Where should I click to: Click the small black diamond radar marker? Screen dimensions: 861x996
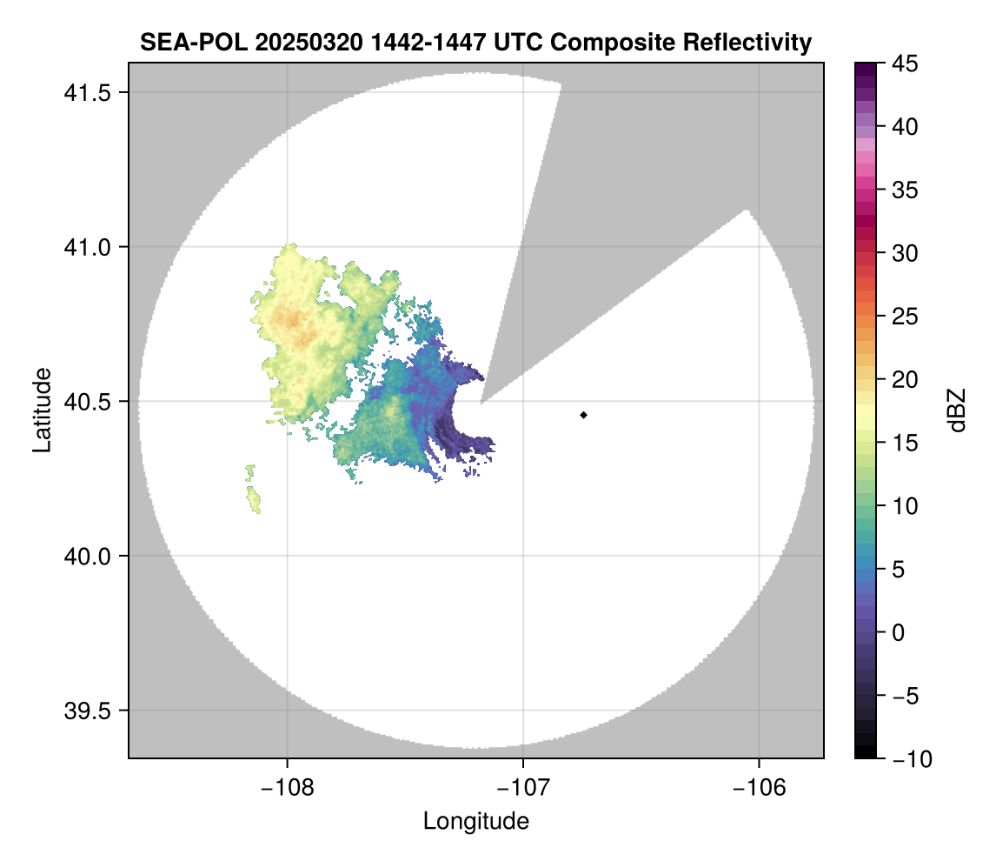584,415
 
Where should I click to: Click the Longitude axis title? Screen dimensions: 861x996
475,820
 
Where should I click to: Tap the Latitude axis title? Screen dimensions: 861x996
42,410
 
